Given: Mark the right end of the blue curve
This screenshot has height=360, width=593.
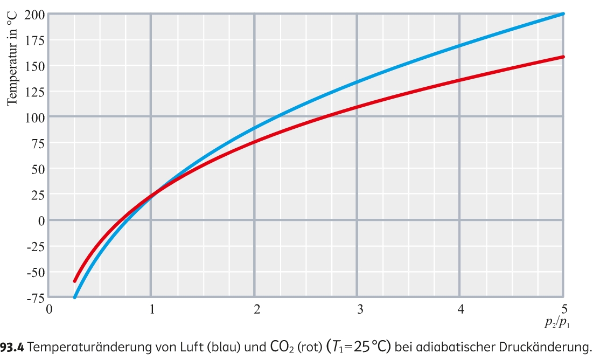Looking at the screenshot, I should click(563, 13).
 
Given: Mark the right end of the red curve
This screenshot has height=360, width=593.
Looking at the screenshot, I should click(563, 57).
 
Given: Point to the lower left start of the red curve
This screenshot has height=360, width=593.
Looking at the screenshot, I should click(75, 281).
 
